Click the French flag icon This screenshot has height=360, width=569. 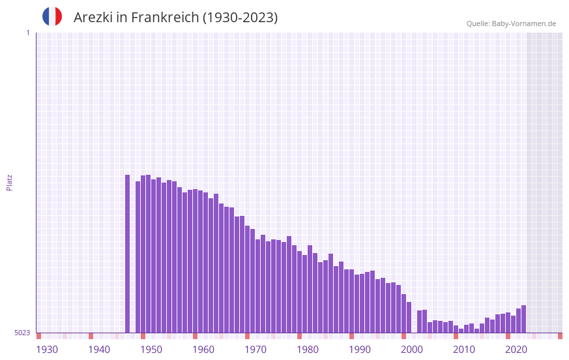tap(52, 16)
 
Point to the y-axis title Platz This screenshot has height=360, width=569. tap(9, 182)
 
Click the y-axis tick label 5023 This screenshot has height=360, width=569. tap(22, 333)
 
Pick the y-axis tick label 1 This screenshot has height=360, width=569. tap(27, 33)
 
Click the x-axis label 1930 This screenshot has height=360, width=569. tap(47, 350)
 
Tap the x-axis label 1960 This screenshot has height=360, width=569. tap(203, 350)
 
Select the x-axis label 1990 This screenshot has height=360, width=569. tap(360, 350)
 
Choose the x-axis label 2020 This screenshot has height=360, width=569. tap(516, 350)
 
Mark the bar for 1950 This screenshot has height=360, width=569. tap(143, 254)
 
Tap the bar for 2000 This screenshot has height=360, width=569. tap(403, 313)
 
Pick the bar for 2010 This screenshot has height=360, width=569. tap(456, 329)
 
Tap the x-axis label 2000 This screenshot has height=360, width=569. tap(412, 350)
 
